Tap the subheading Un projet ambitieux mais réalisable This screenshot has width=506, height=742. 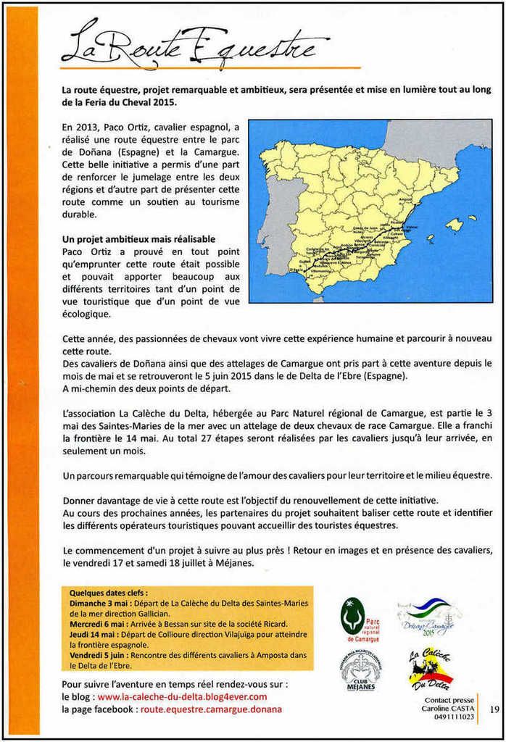tap(138, 238)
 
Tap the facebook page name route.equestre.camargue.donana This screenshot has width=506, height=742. tap(211, 709)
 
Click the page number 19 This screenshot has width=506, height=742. tap(494, 709)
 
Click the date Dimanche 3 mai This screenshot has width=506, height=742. tap(99, 603)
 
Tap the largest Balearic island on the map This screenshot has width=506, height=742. tap(455, 225)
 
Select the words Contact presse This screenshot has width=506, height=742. tap(449, 701)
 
